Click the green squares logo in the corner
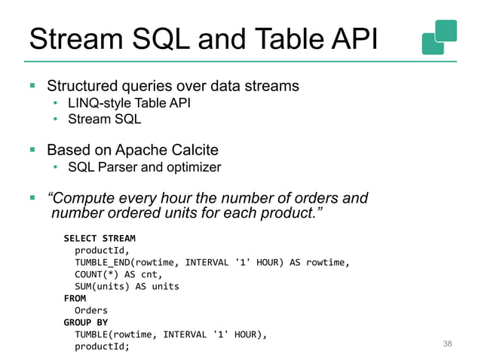(x=439, y=36)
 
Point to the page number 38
(x=447, y=343)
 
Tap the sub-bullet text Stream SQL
(x=104, y=119)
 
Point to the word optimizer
(x=196, y=166)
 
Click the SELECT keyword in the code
(x=80, y=239)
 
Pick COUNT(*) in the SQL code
(x=93, y=275)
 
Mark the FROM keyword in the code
(x=74, y=298)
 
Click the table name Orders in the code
(x=90, y=310)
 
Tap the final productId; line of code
(x=102, y=346)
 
